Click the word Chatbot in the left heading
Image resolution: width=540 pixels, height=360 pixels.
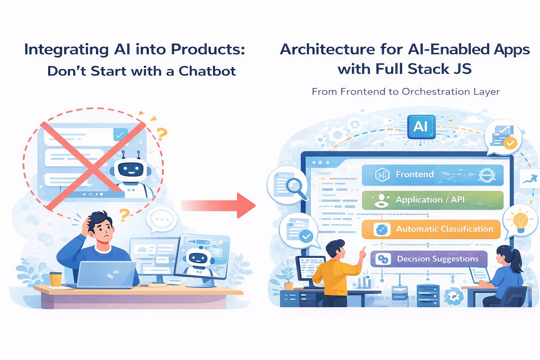[207, 71]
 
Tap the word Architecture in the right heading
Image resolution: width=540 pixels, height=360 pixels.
[327, 50]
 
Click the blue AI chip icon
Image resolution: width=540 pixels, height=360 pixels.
[421, 127]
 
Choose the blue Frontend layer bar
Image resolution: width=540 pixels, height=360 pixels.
[432, 175]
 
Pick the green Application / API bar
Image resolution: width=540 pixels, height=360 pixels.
[432, 200]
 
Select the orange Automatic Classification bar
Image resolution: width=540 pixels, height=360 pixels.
[431, 229]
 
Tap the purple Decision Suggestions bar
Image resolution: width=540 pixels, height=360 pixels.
[429, 259]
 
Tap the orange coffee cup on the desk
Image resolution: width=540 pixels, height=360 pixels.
[56, 279]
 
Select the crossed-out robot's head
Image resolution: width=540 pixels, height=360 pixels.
[131, 169]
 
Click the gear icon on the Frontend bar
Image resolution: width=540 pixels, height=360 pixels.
[487, 174]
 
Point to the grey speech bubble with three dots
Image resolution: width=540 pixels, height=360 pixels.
[161, 219]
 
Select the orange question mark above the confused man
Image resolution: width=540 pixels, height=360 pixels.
[124, 214]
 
